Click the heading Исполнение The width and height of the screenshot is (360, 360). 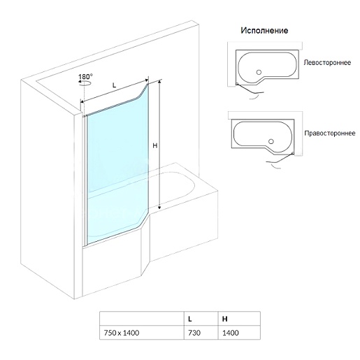point(264,31)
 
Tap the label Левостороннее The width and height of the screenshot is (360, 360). point(327,62)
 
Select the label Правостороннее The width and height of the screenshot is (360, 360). point(330,133)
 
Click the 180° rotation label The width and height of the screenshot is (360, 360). point(85,77)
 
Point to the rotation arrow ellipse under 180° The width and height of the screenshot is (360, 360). point(85,83)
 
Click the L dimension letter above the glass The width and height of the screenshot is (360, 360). point(114,85)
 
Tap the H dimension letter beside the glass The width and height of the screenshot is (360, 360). point(155,145)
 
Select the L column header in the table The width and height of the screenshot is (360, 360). point(190,319)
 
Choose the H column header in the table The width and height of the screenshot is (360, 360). point(224,319)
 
